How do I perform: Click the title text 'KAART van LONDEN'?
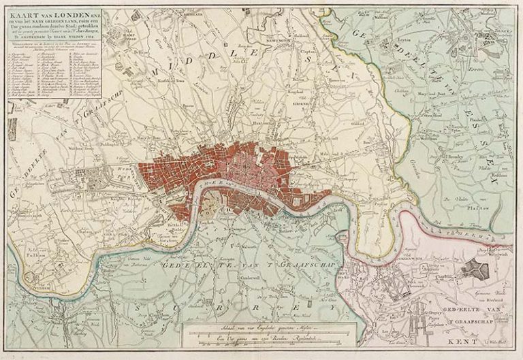35,12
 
